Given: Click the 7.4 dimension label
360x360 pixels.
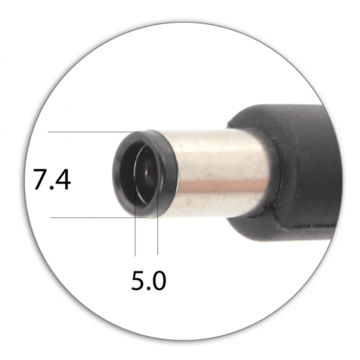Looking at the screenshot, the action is pos(52,179).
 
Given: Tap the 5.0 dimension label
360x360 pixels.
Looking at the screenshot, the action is pos(149,280).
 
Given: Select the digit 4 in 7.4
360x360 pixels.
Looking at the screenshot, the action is pos(62,179).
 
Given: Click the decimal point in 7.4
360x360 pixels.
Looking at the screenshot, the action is pos(51,188).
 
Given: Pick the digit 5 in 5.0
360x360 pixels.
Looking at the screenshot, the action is pos(138,280).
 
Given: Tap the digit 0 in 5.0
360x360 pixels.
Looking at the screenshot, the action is pos(158,280).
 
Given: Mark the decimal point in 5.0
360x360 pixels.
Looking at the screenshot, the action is pos(148,289).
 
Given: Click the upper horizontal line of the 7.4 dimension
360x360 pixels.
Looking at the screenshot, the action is pos(94,132).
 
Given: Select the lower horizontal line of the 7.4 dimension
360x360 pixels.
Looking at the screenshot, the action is pos(99,217).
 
